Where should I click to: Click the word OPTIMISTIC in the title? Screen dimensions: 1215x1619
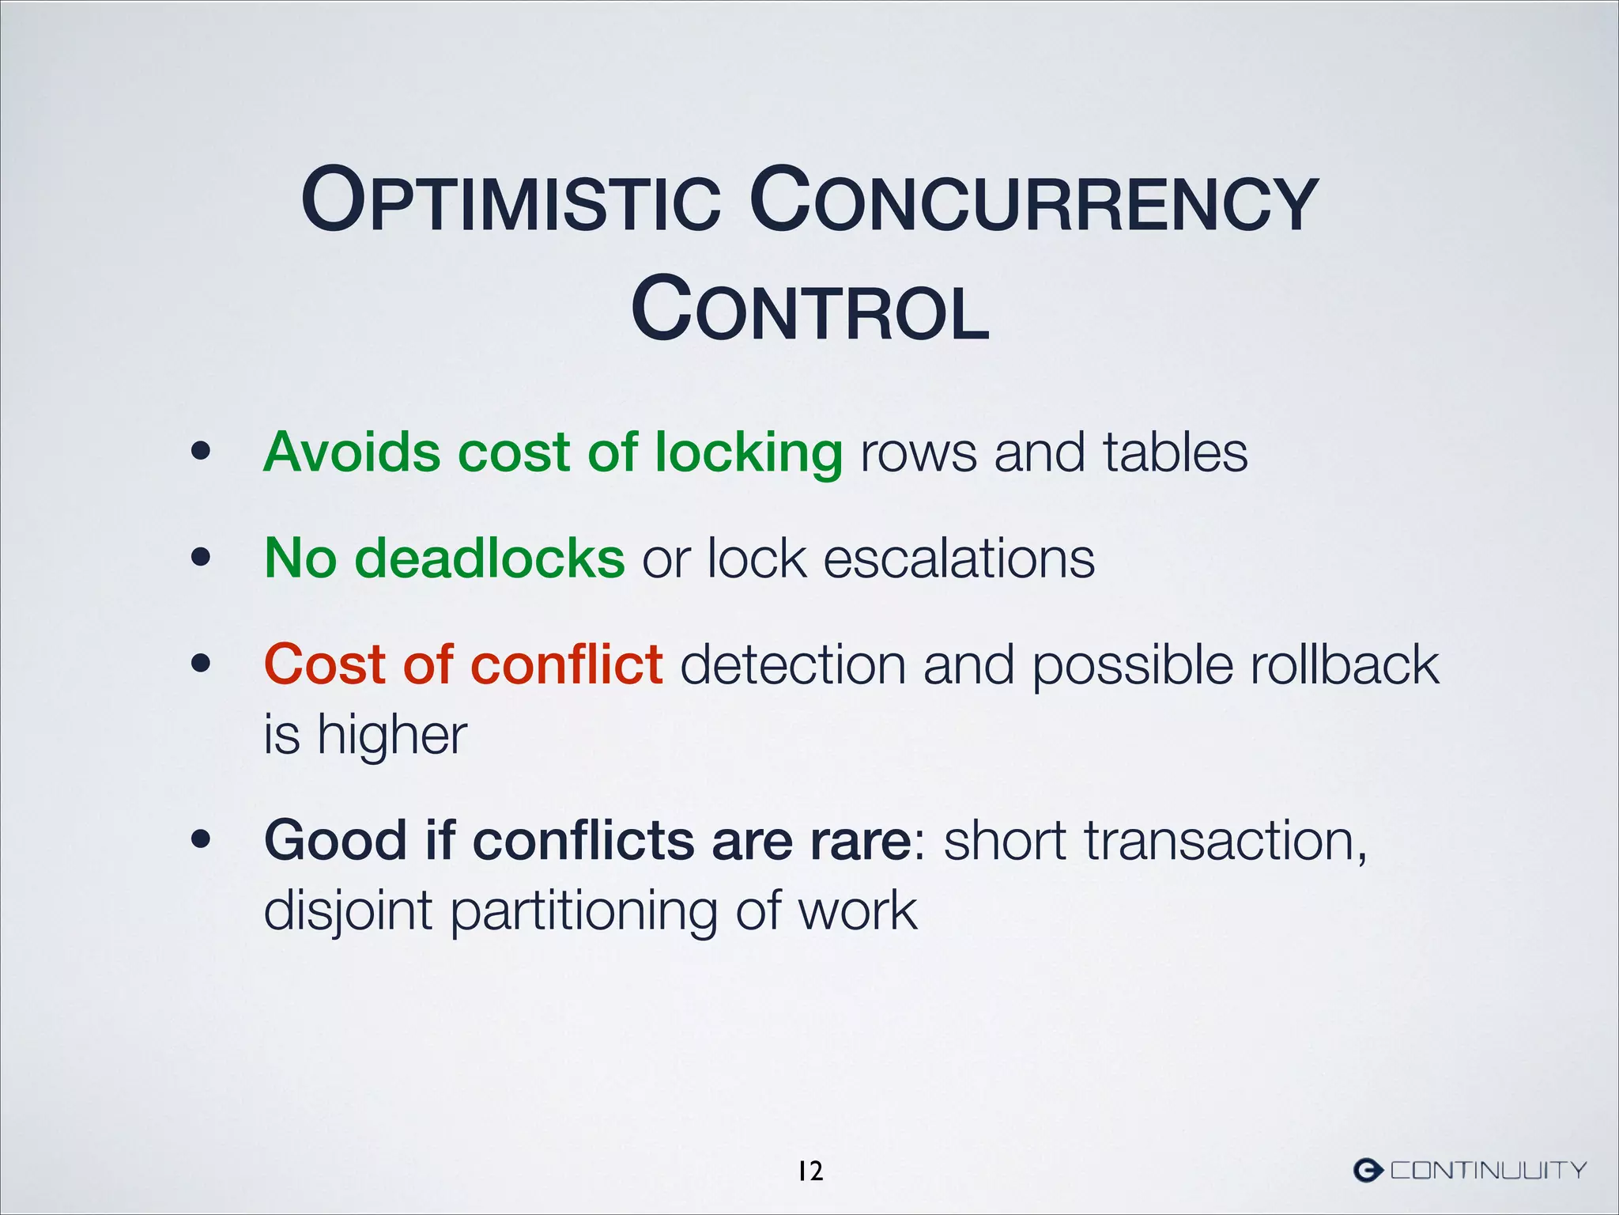point(511,202)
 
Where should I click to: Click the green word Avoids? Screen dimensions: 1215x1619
point(352,452)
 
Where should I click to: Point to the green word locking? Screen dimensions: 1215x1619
point(749,454)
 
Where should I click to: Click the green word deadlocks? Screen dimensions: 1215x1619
point(489,558)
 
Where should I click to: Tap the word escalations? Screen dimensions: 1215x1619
point(959,558)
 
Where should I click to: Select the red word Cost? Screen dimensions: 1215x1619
point(324,664)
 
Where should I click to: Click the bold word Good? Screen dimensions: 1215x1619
point(336,840)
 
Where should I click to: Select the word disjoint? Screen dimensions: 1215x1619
point(348,911)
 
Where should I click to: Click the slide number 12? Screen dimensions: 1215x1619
point(809,1171)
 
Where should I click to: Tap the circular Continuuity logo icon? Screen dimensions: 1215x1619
point(1368,1169)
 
